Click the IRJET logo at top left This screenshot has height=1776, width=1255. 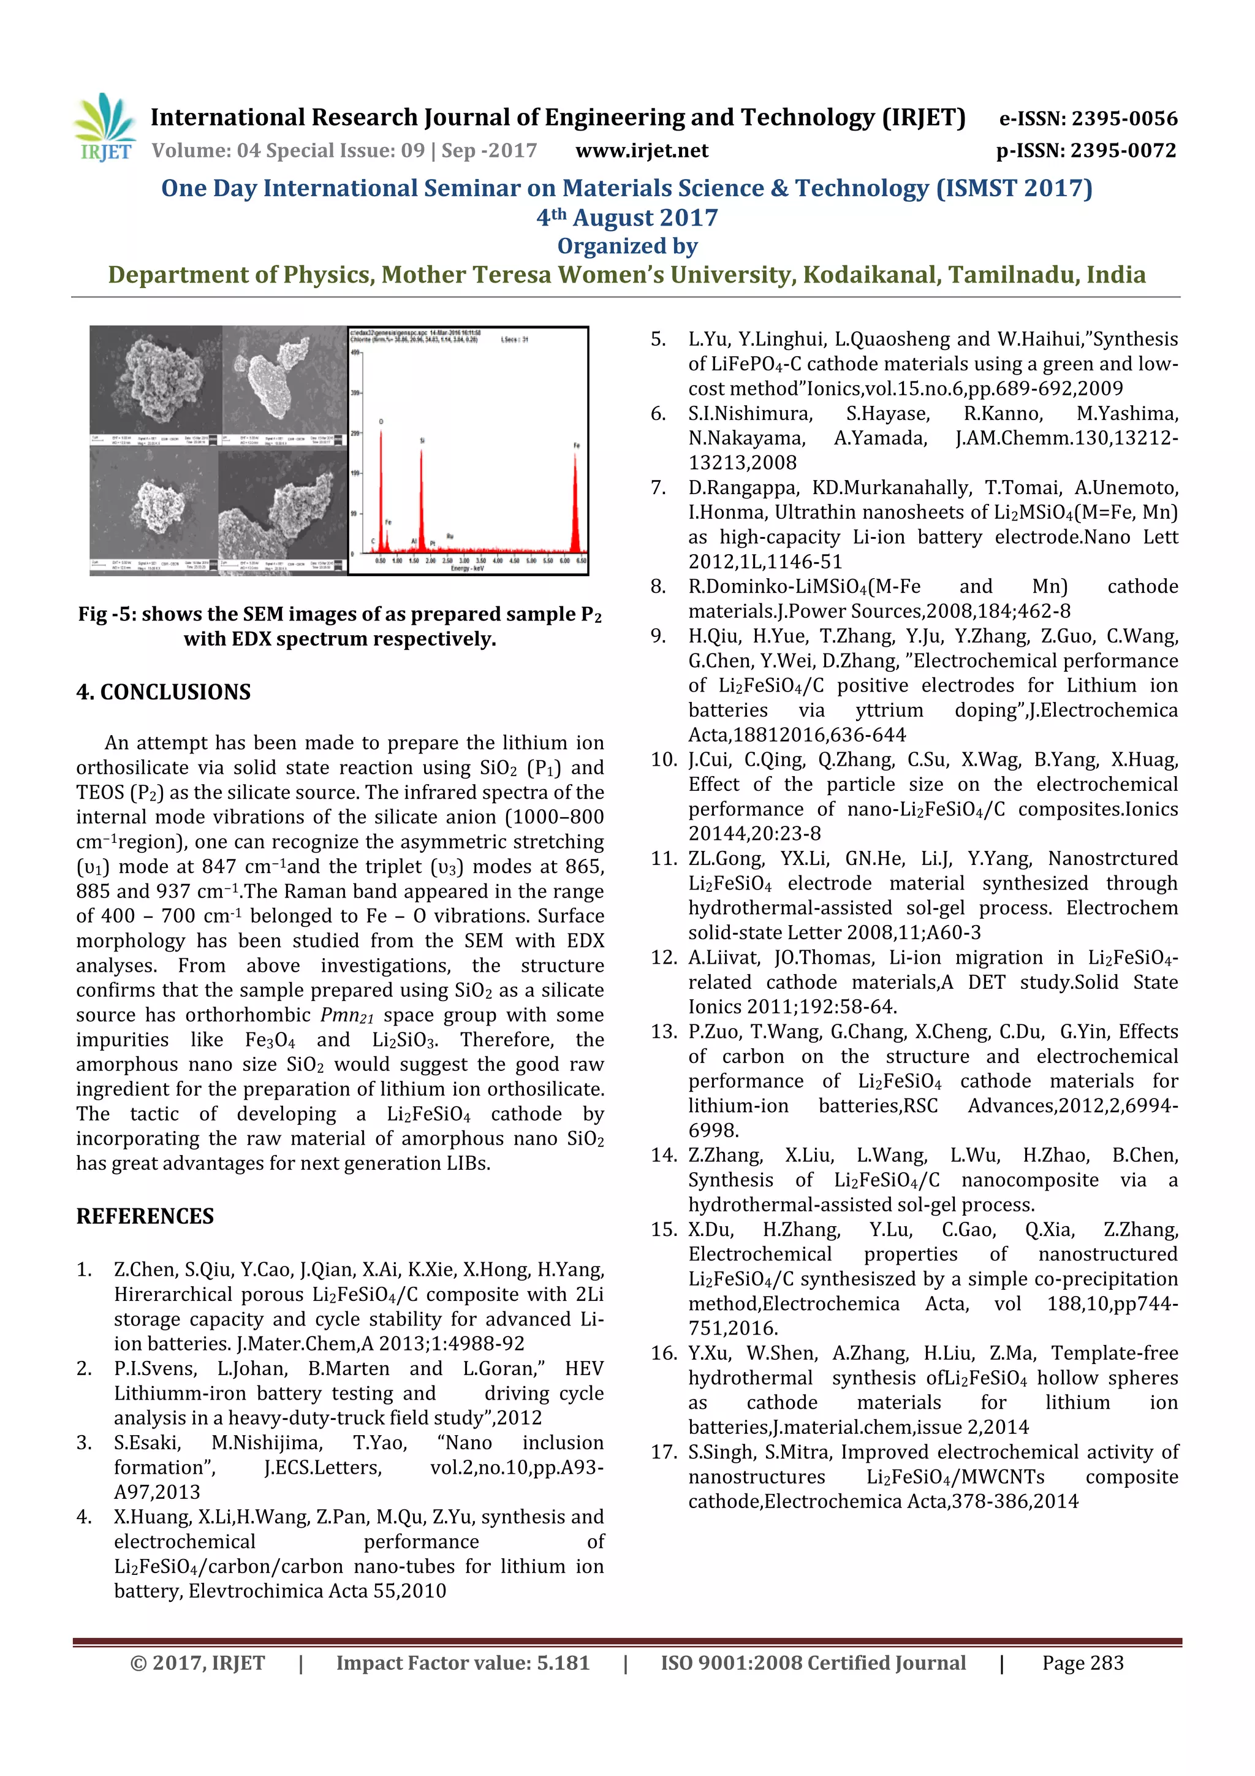[104, 128]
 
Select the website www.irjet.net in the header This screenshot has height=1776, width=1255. [642, 150]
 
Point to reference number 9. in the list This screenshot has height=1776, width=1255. [658, 636]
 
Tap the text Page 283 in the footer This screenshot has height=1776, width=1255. [1083, 1663]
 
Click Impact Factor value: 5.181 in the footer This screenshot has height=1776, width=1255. [463, 1663]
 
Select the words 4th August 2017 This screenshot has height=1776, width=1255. [627, 218]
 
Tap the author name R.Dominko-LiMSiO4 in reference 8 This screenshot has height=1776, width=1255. [804, 586]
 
